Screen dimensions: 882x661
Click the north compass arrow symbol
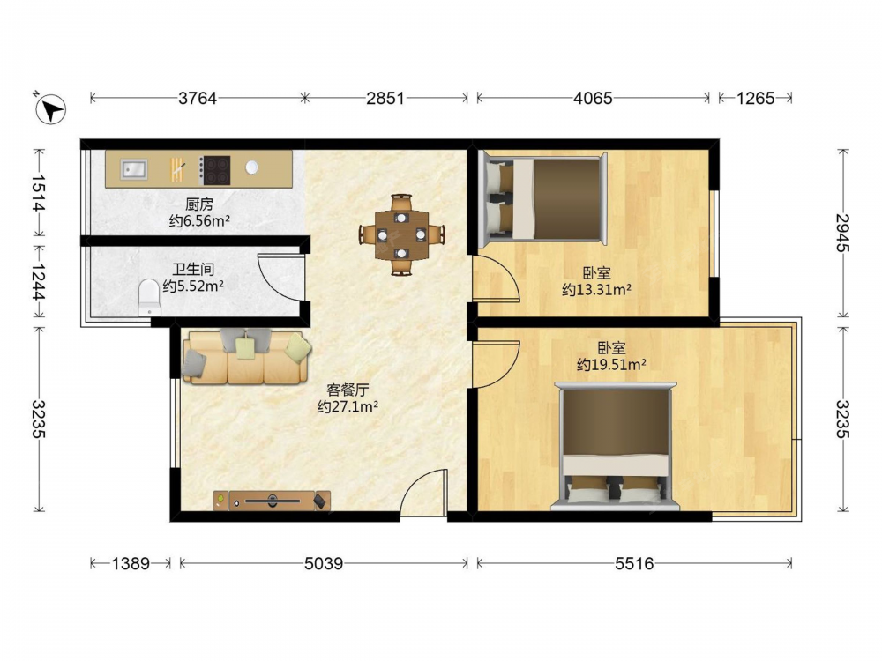coord(50,108)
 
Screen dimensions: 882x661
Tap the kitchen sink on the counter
coord(134,169)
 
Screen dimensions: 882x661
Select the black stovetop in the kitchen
coord(215,170)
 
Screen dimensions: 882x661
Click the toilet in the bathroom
coord(150,297)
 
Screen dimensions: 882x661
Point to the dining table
coord(401,234)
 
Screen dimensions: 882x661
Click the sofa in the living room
coord(246,357)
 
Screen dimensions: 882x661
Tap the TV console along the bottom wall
coord(272,501)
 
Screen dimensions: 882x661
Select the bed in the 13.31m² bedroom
coord(542,199)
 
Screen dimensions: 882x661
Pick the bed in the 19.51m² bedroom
coord(616,446)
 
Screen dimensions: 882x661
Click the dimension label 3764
coord(198,99)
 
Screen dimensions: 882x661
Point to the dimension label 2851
coord(385,99)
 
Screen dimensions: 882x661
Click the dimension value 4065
coord(593,99)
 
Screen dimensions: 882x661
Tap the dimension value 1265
coord(756,99)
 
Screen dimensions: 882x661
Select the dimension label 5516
coord(634,563)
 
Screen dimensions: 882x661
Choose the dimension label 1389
coord(131,563)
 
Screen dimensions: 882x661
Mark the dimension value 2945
coord(842,233)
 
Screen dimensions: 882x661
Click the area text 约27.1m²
coord(348,406)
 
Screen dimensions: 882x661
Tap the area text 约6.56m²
coord(199,221)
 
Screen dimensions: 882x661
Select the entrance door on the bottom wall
coord(423,492)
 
